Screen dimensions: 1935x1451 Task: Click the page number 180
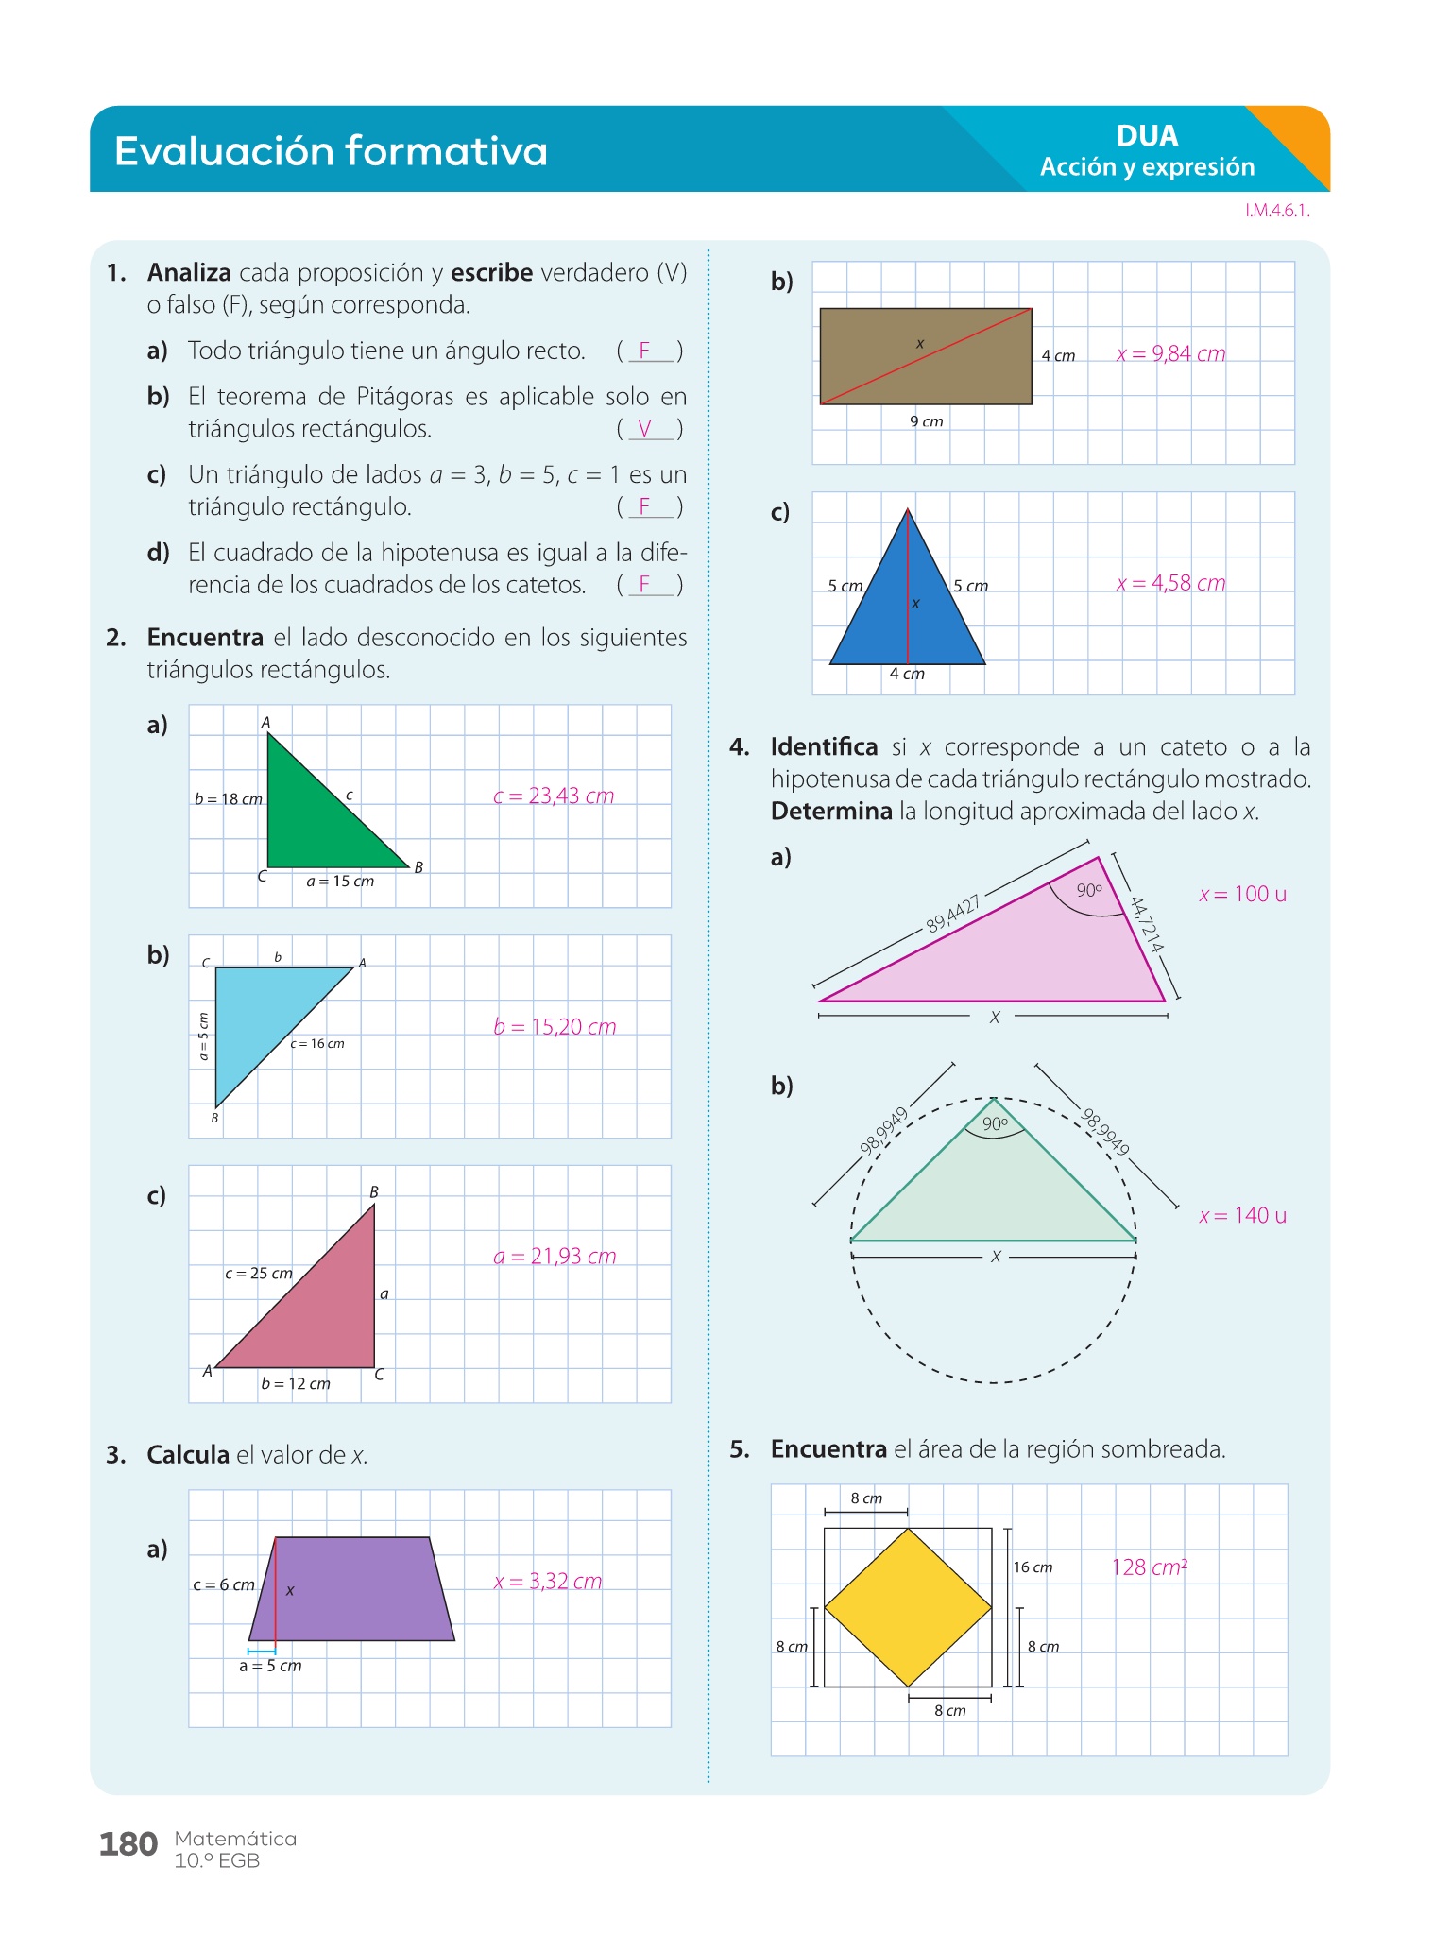tap(128, 1843)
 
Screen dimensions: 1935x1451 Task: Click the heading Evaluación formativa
tap(331, 151)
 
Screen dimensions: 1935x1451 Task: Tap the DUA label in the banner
tap(1147, 136)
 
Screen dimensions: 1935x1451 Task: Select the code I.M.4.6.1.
tap(1277, 211)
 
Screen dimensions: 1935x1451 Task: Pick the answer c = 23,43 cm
tap(554, 796)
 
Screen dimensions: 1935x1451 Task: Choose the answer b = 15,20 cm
tap(555, 1027)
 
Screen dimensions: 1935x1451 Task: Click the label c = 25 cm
tap(259, 1274)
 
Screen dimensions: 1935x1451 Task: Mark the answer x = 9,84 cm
tap(1170, 354)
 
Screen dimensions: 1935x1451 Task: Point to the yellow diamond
tap(908, 1607)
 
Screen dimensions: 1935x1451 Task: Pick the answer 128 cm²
tap(1149, 1567)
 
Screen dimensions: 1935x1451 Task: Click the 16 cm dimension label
tap(1033, 1567)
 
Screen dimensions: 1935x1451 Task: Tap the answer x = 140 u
tap(1242, 1216)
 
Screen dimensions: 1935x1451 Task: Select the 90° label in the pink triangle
tap(1088, 890)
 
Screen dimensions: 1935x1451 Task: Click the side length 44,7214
tap(1146, 924)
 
